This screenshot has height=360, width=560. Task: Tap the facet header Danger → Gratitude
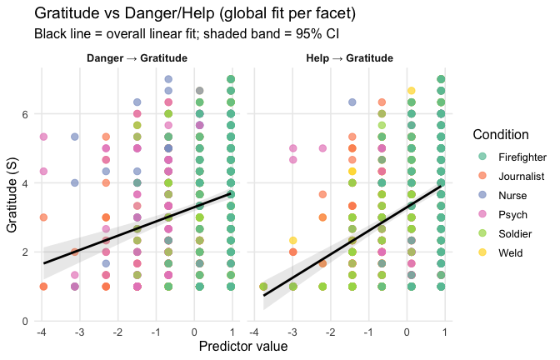coord(136,58)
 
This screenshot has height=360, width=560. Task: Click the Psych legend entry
coord(512,214)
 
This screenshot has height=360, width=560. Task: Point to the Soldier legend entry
coord(514,233)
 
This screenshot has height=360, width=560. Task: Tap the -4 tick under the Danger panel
coord(42,332)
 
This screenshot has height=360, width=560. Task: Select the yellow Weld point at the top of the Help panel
coord(411,90)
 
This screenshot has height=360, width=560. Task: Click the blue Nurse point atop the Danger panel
coord(168,79)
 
